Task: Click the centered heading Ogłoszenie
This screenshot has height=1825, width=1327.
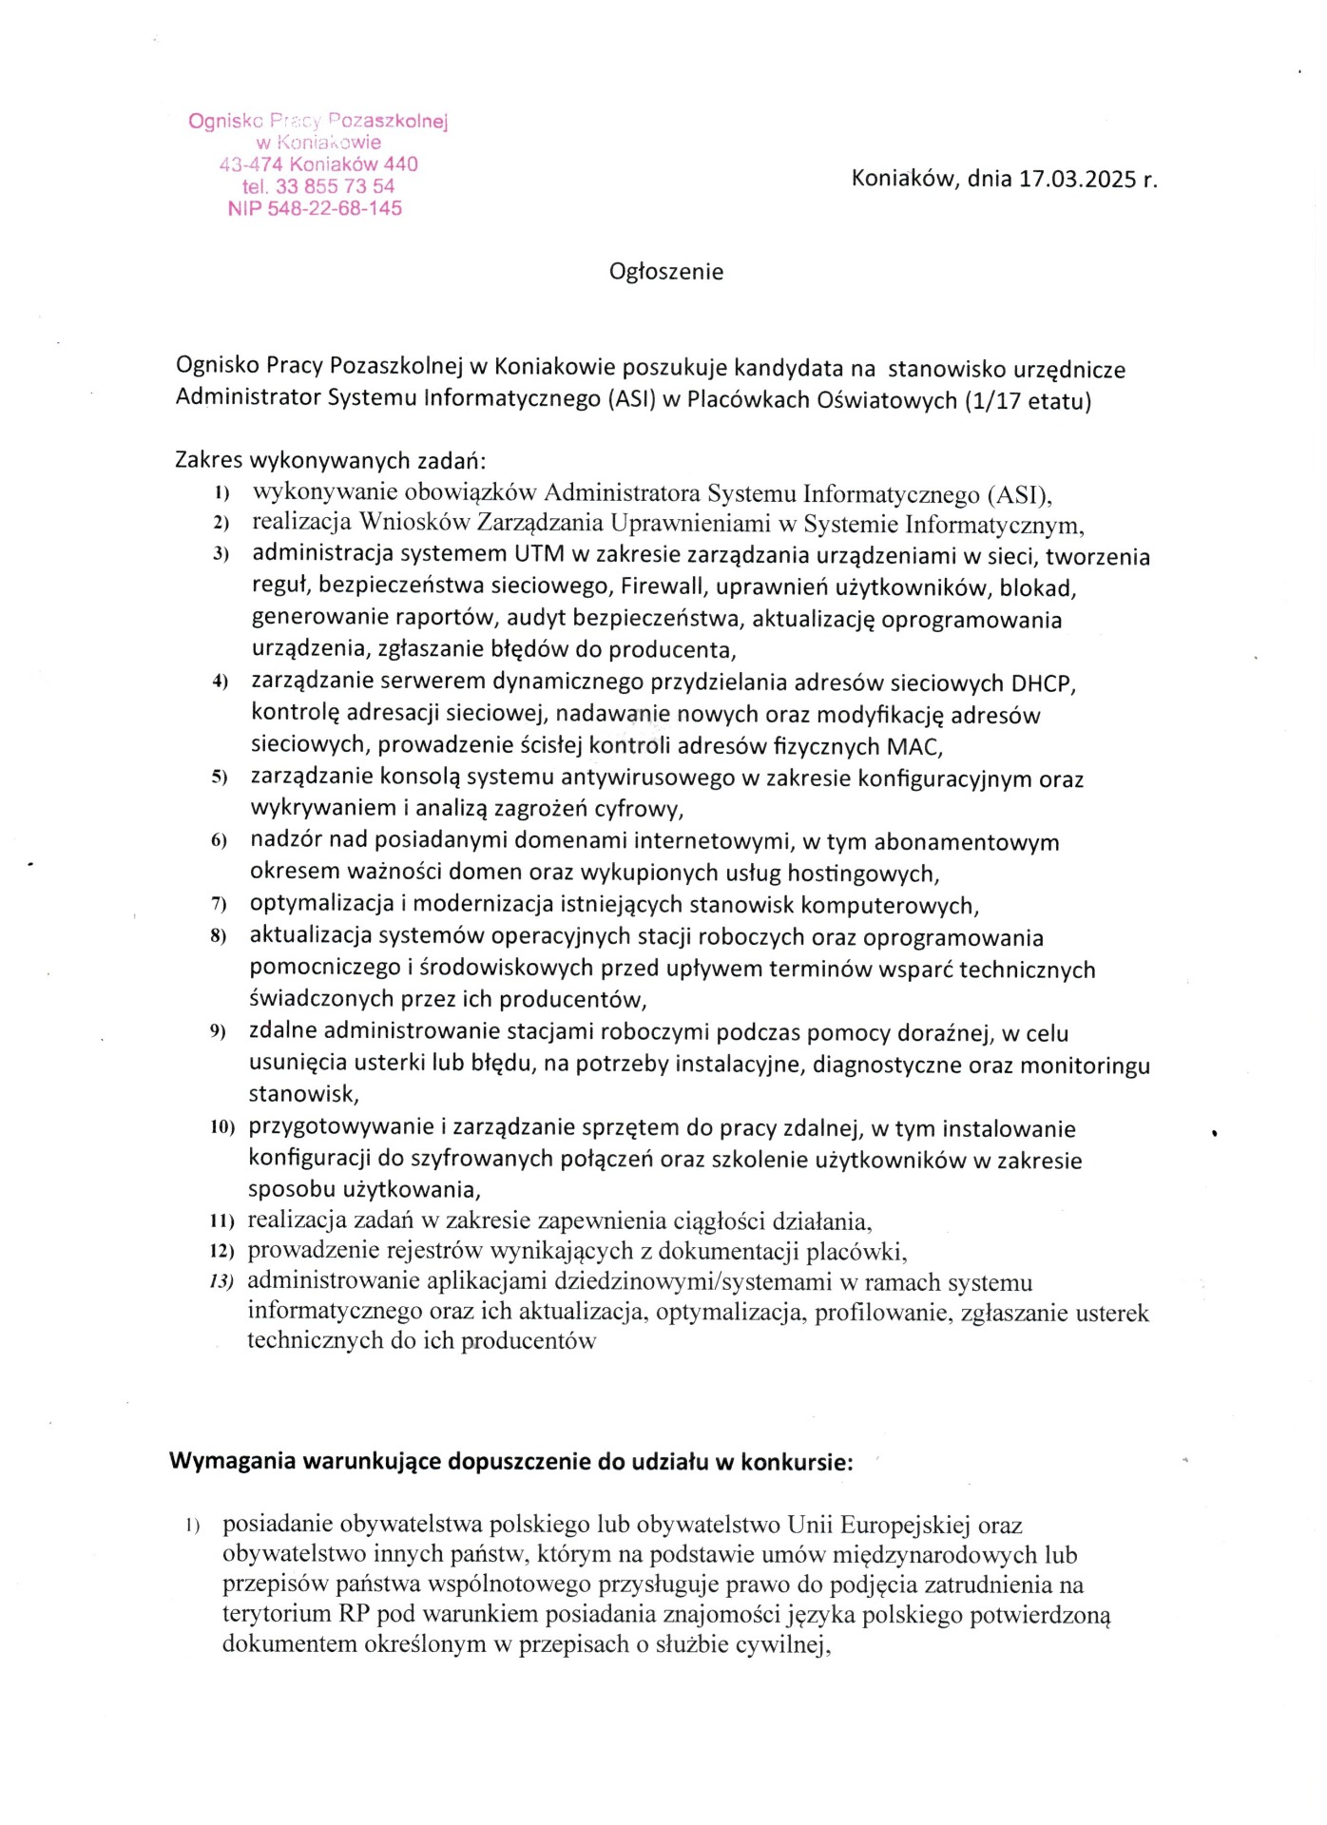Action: [666, 272]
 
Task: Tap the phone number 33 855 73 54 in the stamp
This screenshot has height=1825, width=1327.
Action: [335, 186]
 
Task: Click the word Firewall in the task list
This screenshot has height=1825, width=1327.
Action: [661, 587]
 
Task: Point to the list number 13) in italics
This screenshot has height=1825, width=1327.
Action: [221, 1281]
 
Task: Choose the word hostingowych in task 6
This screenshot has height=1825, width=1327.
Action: [861, 872]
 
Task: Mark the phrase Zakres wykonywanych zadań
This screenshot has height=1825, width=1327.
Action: [331, 461]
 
